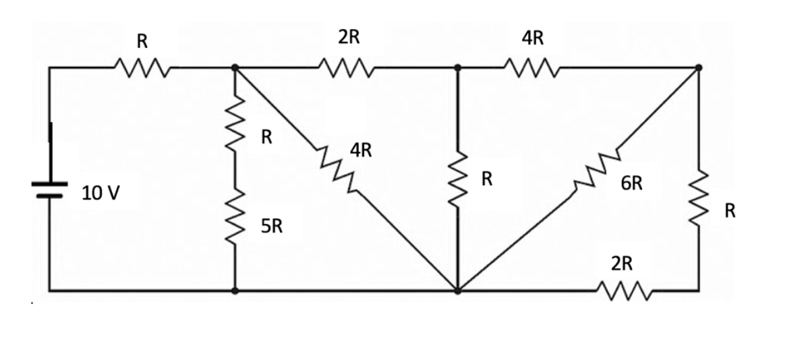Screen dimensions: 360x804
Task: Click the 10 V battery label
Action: (x=101, y=193)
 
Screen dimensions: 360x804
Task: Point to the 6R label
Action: (x=631, y=183)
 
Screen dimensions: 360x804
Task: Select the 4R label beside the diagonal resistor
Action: (x=361, y=150)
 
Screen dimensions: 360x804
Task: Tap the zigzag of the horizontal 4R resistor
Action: (x=531, y=67)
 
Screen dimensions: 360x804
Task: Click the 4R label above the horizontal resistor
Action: (x=532, y=38)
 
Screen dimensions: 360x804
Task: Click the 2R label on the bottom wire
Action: (x=622, y=264)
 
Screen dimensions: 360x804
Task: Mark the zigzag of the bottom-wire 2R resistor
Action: (x=624, y=291)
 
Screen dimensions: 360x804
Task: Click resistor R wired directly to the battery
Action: (x=142, y=67)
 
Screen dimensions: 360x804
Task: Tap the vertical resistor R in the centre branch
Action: (x=458, y=178)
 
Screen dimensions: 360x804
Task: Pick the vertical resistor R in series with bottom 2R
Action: (x=698, y=196)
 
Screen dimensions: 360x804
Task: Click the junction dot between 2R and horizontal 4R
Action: (x=458, y=67)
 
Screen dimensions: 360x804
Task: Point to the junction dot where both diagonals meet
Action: (x=458, y=291)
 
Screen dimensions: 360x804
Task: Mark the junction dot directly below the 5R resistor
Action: (x=235, y=291)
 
